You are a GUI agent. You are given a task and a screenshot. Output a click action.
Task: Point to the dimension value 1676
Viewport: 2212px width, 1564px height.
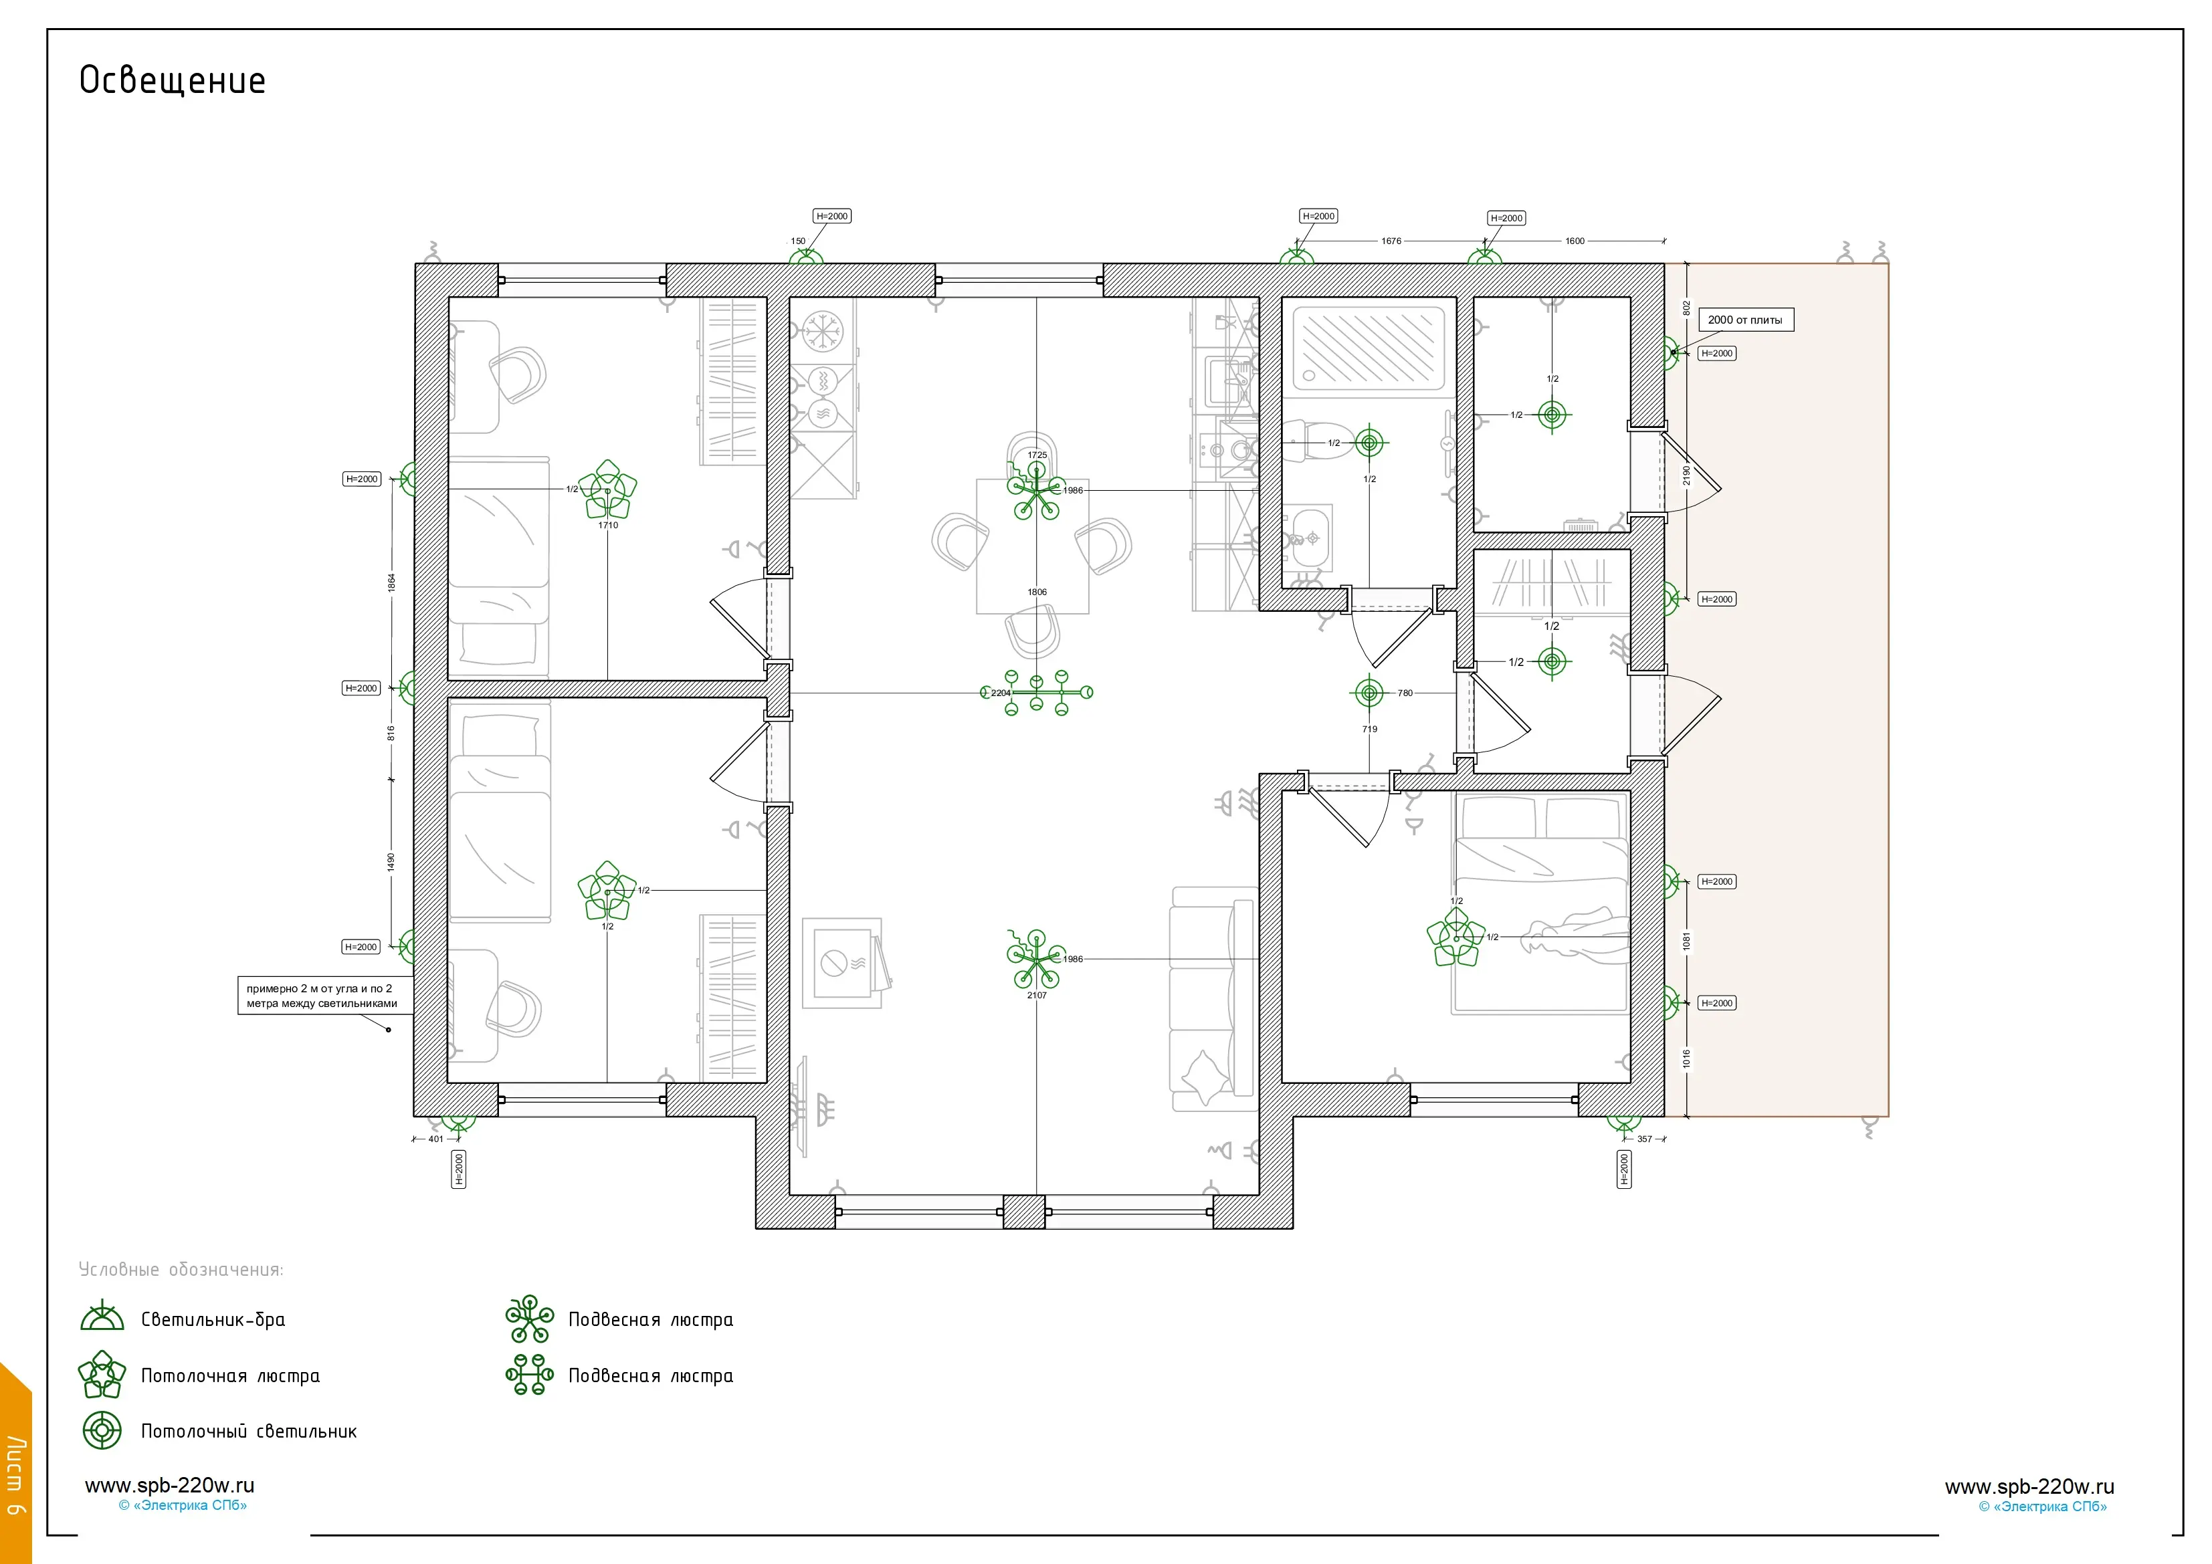tap(1391, 241)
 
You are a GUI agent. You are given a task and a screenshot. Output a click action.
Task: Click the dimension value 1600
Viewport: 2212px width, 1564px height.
tap(1575, 241)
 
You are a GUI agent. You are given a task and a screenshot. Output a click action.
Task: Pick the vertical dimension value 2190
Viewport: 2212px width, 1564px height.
tap(1686, 475)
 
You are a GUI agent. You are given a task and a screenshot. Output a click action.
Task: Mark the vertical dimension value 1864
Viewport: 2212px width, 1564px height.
tap(391, 582)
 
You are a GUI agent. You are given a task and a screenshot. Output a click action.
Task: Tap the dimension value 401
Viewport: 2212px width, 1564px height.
tap(436, 1138)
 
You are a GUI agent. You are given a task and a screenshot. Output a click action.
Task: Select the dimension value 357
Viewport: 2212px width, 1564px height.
tap(1645, 1138)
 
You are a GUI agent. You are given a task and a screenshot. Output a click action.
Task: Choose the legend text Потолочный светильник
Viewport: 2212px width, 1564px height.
tap(249, 1431)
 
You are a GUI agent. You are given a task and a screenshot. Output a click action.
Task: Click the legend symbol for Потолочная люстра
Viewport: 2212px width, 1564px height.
tap(102, 1374)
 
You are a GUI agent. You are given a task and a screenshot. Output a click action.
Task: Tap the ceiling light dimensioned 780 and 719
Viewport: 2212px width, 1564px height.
tap(1369, 693)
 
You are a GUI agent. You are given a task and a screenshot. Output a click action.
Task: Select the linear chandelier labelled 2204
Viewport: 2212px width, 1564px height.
tap(1037, 693)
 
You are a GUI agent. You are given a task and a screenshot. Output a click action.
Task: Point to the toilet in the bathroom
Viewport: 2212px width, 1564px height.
tap(1315, 440)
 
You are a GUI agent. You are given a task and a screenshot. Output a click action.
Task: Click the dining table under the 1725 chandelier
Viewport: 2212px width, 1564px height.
tap(1033, 546)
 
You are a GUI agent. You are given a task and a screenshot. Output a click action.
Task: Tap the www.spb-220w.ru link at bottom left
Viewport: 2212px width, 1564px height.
tap(169, 1485)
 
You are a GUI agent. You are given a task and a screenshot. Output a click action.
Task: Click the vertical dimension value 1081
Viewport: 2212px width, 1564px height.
tap(1686, 941)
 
